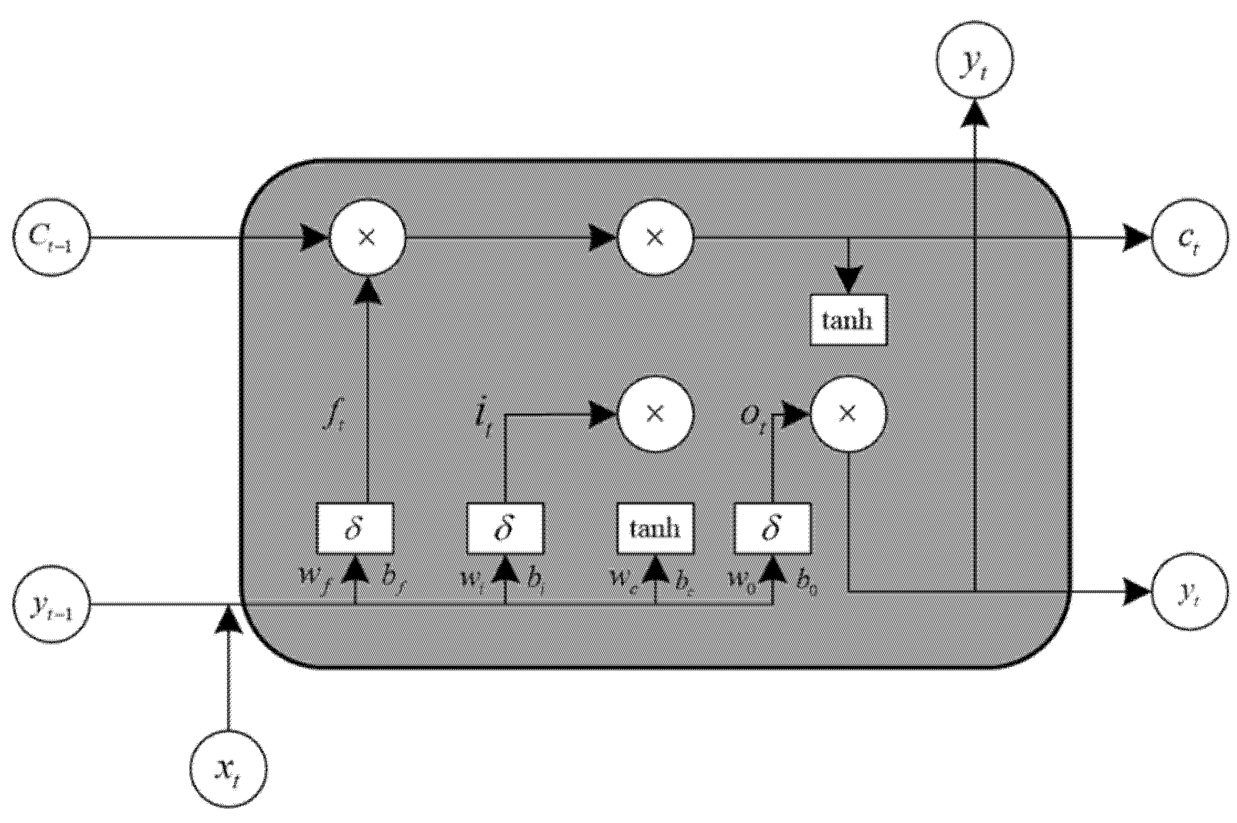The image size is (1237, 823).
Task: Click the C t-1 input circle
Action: click(x=51, y=238)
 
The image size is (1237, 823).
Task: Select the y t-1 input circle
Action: click(x=51, y=605)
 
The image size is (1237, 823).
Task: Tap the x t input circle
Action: click(x=228, y=769)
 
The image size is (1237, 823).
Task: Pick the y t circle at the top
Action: click(x=975, y=59)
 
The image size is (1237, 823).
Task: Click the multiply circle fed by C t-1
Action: click(x=367, y=238)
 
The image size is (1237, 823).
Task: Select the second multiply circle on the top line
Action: click(x=655, y=238)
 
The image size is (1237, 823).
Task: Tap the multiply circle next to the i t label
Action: click(x=655, y=414)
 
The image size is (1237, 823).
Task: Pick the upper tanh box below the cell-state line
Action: click(x=848, y=320)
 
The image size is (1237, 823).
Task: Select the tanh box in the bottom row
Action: click(x=655, y=529)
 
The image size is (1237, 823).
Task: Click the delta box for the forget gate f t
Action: click(x=354, y=529)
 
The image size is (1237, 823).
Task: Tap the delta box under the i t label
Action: click(x=505, y=529)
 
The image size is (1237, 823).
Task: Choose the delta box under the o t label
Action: click(x=772, y=529)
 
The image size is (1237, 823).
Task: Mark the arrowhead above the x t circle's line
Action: click(x=228, y=619)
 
